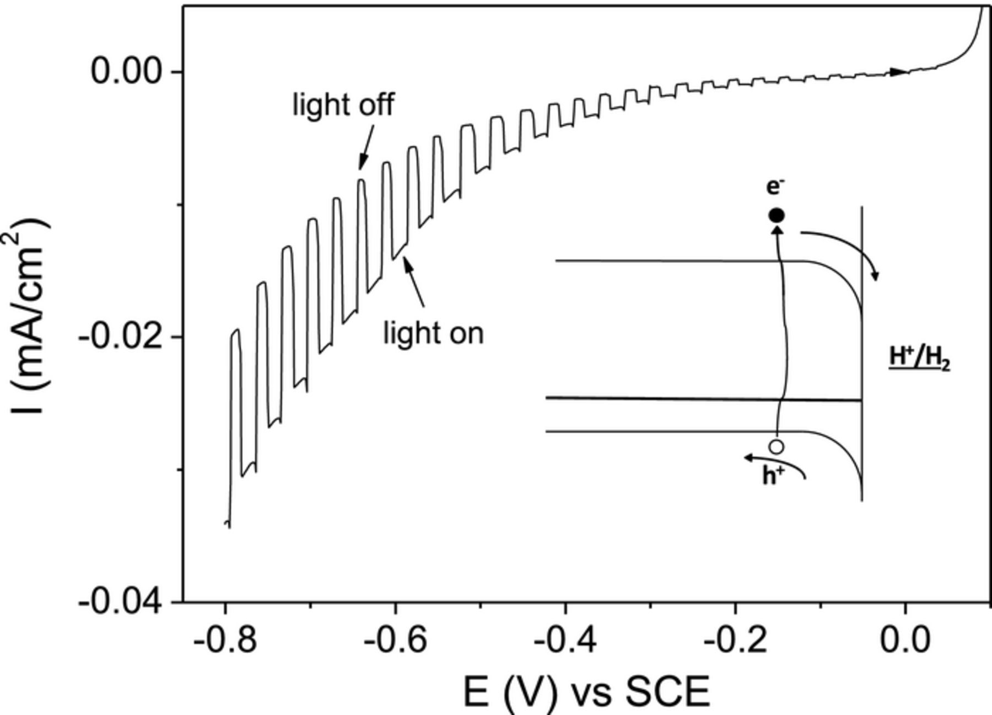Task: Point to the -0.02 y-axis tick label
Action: pos(122,336)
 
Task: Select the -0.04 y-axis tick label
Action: pos(122,601)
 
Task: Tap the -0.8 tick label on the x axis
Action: pos(225,641)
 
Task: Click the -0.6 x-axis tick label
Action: pos(395,641)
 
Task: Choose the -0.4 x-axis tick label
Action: pos(564,641)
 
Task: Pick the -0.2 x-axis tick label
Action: pos(735,641)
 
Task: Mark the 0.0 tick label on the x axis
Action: pos(905,641)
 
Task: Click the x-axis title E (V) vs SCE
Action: pos(585,692)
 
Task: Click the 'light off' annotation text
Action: pos(343,104)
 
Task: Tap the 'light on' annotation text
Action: pos(433,333)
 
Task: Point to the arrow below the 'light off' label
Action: pos(366,148)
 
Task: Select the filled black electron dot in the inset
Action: pos(776,215)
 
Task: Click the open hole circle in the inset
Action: pos(776,446)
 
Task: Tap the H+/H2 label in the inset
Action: pos(919,358)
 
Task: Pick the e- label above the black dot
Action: pos(775,187)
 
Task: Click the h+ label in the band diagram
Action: pos(773,476)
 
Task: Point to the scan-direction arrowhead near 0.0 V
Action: pos(898,72)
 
